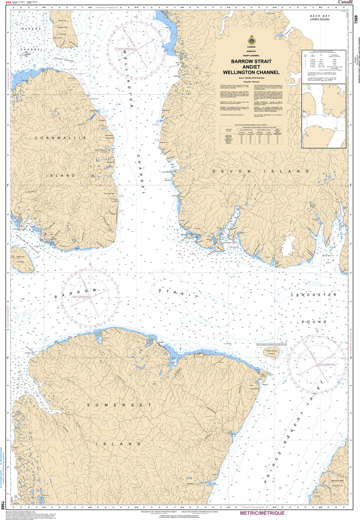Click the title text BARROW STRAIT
[x=252, y=61]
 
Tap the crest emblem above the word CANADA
[x=251, y=41]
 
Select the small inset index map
[x=324, y=116]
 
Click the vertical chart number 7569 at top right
[x=356, y=19]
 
